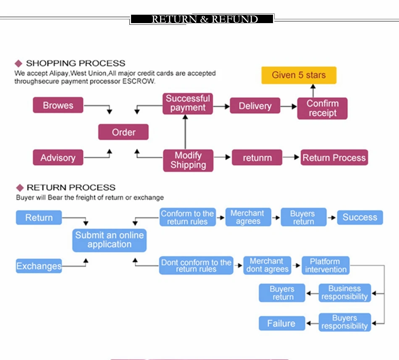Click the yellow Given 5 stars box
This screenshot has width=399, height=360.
[299, 75]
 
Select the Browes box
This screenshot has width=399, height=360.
[58, 105]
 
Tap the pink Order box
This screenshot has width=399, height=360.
[123, 132]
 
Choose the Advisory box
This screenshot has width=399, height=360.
[58, 158]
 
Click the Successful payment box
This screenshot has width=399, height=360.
[188, 103]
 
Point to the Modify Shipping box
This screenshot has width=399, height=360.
[188, 160]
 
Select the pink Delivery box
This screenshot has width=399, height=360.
[255, 106]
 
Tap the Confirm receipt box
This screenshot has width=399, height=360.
[322, 108]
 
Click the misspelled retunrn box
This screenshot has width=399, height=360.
[257, 158]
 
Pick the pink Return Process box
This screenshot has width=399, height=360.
[334, 158]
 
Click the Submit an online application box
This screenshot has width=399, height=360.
[109, 240]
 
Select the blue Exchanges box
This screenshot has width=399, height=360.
[39, 266]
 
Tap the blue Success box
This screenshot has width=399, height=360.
[360, 217]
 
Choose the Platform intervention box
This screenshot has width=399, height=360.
[325, 265]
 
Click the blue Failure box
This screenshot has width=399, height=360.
[281, 323]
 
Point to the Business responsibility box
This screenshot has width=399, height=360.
[344, 293]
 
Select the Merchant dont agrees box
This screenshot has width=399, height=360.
[267, 265]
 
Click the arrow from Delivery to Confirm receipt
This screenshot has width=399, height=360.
[289, 106]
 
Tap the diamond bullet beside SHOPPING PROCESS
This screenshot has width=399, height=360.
[18, 63]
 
